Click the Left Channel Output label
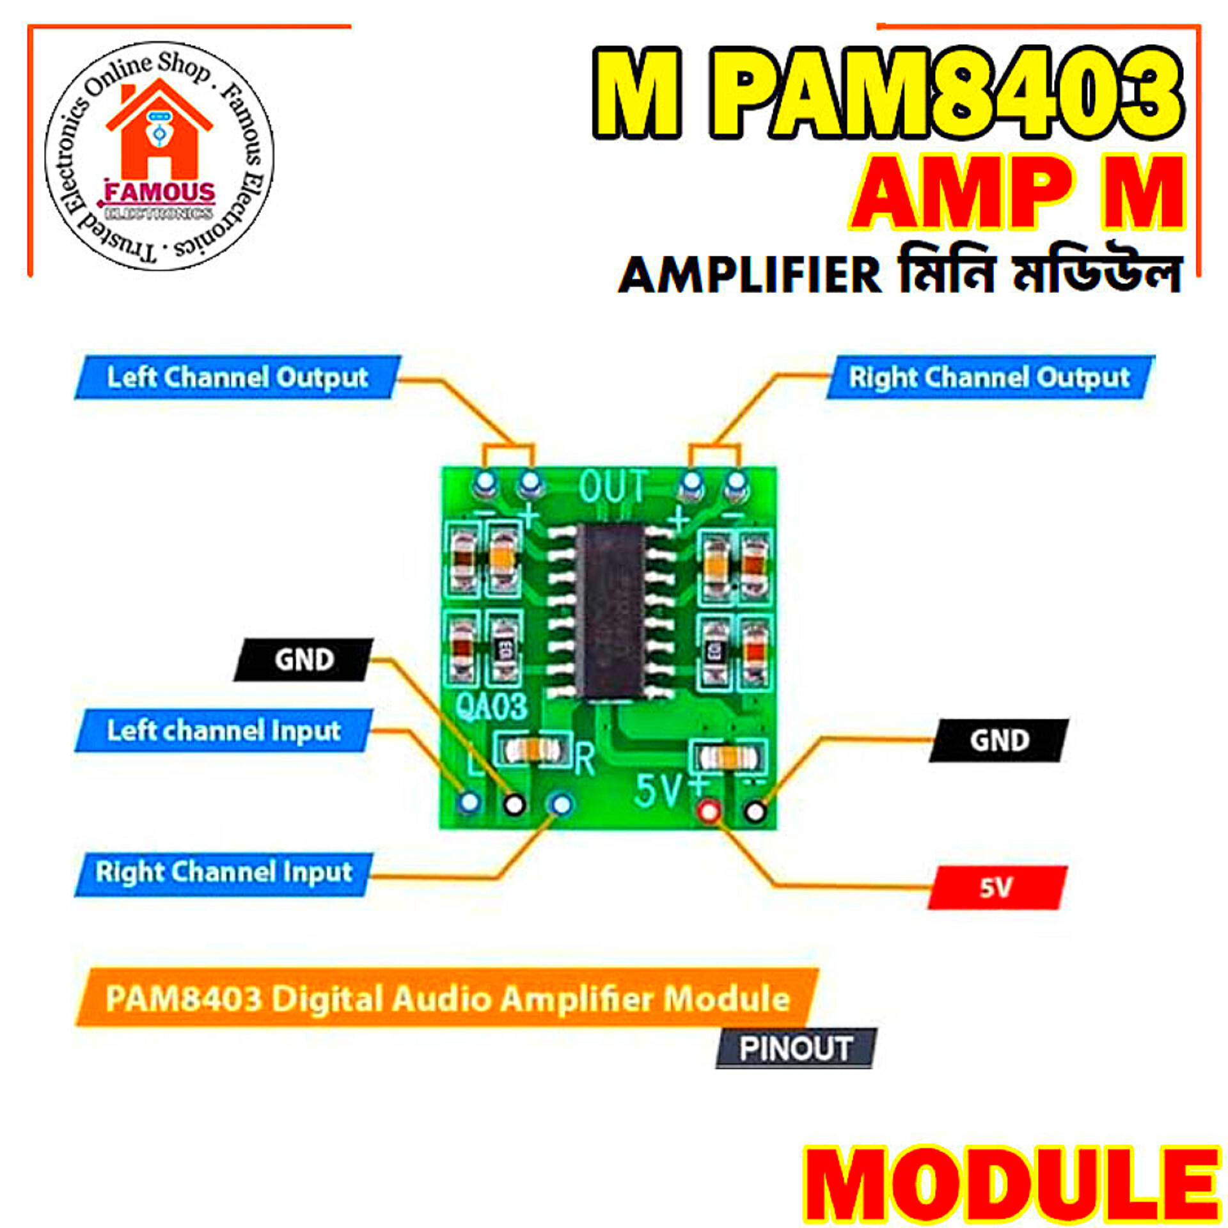click(237, 377)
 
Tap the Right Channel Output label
click(989, 377)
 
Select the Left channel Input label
click(223, 730)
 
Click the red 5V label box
click(996, 888)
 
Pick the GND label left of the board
click(304, 659)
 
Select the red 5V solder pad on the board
click(709, 811)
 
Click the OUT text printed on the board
click(613, 487)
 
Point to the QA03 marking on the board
click(491, 707)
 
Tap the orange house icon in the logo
click(159, 131)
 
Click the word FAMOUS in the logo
click(160, 192)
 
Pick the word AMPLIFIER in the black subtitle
click(750, 275)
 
